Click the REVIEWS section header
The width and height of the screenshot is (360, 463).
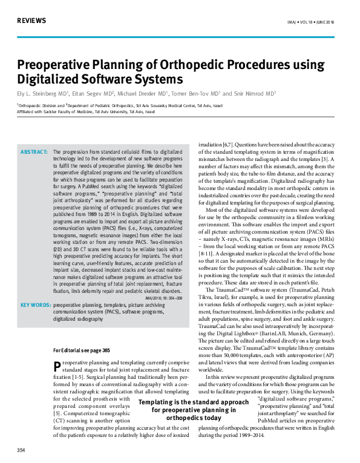coord(31,21)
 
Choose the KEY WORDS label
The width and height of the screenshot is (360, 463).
coord(35,306)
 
